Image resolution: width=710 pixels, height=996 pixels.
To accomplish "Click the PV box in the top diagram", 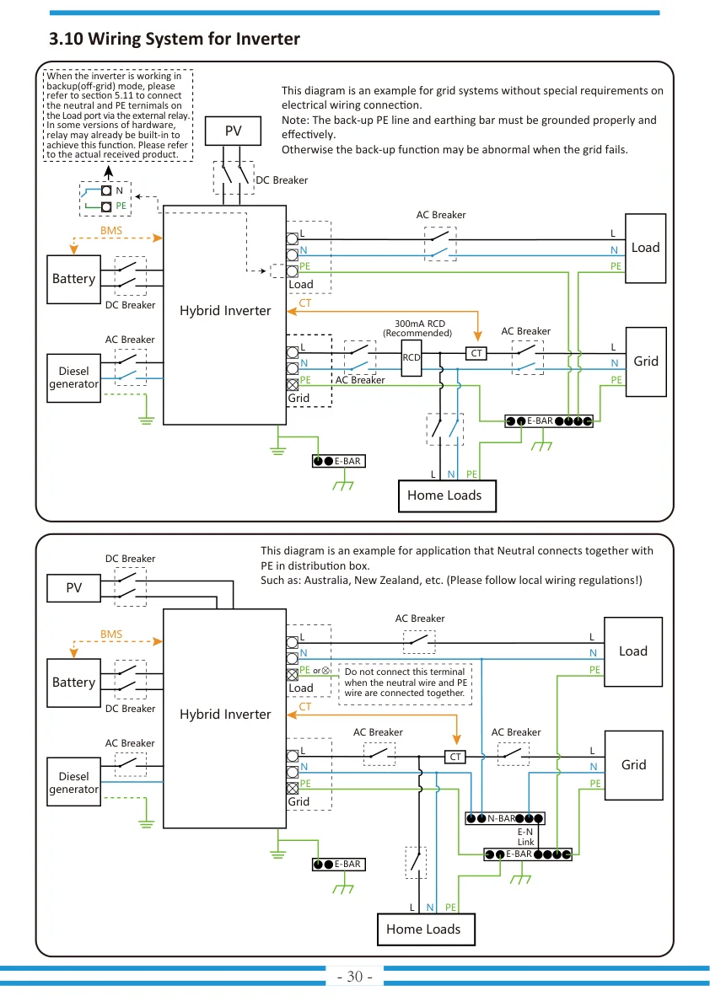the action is coord(234,131).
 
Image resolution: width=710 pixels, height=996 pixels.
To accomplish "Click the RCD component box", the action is coord(411,357).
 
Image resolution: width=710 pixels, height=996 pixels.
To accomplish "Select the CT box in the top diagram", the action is coord(476,353).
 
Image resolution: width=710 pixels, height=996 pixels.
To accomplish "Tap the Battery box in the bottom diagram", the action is coord(73,683).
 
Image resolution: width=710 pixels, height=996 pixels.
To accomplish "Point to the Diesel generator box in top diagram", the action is coord(73,378).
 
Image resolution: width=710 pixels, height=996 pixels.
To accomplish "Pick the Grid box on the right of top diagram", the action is coord(646,361).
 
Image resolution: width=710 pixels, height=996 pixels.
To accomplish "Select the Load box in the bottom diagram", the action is coord(633,651).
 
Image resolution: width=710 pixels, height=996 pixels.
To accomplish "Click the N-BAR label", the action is coord(502,818).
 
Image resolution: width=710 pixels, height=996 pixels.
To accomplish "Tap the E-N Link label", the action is coord(525,837).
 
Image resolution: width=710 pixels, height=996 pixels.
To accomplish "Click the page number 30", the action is coord(355,977).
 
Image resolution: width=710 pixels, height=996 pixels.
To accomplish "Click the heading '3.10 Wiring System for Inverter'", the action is coord(175,39).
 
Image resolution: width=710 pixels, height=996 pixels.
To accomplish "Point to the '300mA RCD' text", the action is coord(420,324).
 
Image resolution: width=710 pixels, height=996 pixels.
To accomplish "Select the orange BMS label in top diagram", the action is coord(111,231).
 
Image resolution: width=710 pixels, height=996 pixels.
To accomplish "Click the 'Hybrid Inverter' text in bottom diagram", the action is coord(225,714).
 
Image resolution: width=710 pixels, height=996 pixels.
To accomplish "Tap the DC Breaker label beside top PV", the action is coord(282,180).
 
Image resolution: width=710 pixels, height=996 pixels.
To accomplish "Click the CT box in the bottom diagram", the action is coord(455,757).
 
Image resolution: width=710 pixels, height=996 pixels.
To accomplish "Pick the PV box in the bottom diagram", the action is coord(73,587).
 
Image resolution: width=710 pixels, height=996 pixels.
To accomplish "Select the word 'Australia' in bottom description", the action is coord(326,581).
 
